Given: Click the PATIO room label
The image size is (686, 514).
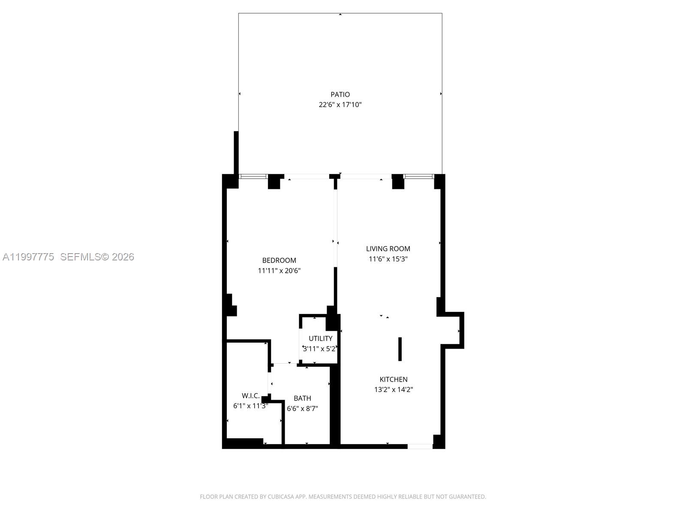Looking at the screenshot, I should pyautogui.click(x=340, y=94).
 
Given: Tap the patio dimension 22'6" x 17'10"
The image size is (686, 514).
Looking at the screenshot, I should pyautogui.click(x=340, y=105).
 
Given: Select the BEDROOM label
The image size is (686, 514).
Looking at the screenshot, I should pyautogui.click(x=279, y=260).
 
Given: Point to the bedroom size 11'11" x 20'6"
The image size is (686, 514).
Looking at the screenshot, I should pyautogui.click(x=279, y=271).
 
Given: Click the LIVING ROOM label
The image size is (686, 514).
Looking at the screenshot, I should pyautogui.click(x=388, y=248).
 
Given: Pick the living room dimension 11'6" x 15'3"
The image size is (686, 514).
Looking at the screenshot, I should pyautogui.click(x=388, y=259).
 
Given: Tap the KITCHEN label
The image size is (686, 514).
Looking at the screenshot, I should pyautogui.click(x=394, y=379).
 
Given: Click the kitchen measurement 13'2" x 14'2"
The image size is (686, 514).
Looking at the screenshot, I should pyautogui.click(x=394, y=389).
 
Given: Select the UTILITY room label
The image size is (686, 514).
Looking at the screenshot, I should pyautogui.click(x=320, y=338).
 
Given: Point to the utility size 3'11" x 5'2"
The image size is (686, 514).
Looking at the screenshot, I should pyautogui.click(x=320, y=349).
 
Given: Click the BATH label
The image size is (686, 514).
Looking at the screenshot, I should pyautogui.click(x=302, y=398).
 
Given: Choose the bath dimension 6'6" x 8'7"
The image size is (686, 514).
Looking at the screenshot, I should pyautogui.click(x=302, y=409).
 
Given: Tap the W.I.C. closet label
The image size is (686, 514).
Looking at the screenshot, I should pyautogui.click(x=251, y=395).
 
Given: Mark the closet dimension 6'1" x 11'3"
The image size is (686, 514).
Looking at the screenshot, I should pyautogui.click(x=251, y=406).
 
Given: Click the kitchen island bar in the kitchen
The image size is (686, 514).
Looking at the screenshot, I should pyautogui.click(x=400, y=349).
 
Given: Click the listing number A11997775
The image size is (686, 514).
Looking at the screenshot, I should pyautogui.click(x=28, y=257).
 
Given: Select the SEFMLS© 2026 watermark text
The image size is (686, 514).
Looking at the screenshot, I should pyautogui.click(x=97, y=257).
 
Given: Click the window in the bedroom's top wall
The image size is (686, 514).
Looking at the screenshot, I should pyautogui.click(x=253, y=176).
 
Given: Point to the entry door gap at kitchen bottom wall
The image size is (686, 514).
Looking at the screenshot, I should pyautogui.click(x=420, y=446).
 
